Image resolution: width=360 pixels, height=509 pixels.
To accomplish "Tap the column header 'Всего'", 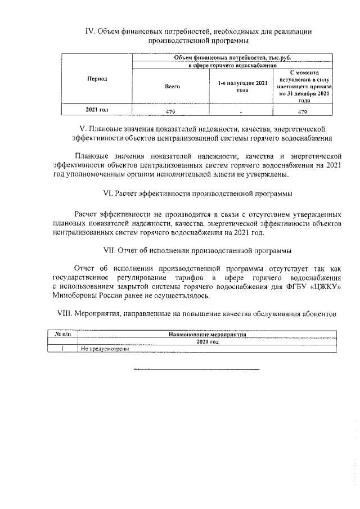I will point(172,87).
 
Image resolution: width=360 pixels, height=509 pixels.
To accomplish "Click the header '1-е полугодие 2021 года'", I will point(242,87).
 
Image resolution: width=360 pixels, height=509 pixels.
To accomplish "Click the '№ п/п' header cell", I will point(62,334).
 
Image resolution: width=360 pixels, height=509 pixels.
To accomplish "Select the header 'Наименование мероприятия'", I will point(206,334).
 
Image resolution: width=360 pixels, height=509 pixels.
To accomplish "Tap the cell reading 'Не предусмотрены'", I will point(105,349).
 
